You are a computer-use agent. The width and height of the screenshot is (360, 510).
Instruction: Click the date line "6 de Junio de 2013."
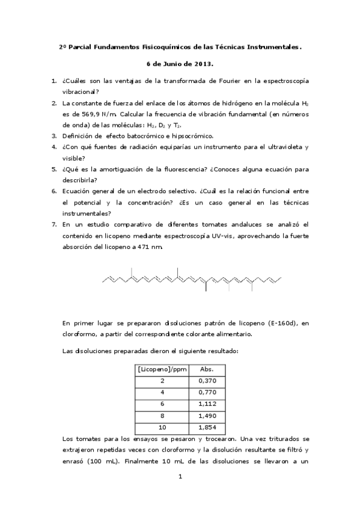pos(180,63)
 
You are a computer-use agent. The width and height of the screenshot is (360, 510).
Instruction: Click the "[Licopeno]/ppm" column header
pos(162,369)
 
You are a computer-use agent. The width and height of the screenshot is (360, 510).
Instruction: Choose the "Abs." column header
pos(207,369)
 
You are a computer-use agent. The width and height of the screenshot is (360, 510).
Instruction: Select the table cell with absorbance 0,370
pos(207,381)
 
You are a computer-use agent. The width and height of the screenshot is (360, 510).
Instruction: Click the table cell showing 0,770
pos(207,393)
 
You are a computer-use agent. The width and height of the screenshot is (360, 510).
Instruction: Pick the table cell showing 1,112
pos(207,404)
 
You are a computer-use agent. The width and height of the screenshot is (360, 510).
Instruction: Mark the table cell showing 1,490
pos(207,416)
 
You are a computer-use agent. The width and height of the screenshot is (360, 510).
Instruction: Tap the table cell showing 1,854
pos(207,428)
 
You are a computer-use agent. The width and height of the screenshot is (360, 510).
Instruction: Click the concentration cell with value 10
pos(162,428)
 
